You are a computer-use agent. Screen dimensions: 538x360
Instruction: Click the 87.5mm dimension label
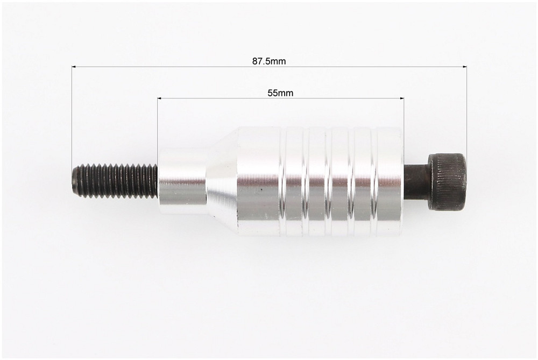[x=269, y=61]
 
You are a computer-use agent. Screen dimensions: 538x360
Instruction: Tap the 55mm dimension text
[x=280, y=93]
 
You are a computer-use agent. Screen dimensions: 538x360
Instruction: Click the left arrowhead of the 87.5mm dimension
[x=74, y=67]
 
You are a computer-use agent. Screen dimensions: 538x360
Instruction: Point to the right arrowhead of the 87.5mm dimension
[x=465, y=67]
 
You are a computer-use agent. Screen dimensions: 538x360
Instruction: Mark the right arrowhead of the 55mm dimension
[x=402, y=98]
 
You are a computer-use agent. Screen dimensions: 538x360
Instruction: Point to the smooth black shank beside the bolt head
[x=416, y=182]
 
